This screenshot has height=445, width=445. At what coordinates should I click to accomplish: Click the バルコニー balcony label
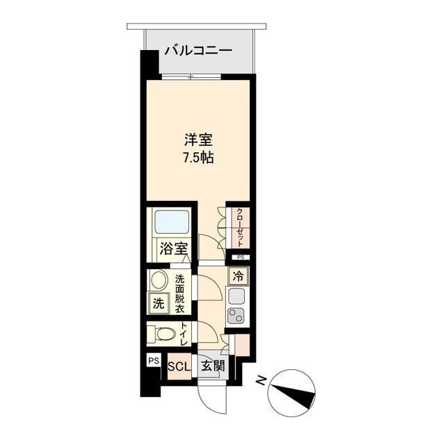197,51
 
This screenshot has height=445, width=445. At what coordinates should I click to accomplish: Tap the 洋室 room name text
197,139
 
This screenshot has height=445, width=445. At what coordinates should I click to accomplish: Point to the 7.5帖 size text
198,157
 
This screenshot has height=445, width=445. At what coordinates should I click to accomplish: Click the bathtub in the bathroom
171,223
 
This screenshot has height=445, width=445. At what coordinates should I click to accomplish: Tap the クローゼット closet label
239,227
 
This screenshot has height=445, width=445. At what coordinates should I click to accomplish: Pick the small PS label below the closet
240,257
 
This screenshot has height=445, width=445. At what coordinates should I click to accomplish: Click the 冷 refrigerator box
238,275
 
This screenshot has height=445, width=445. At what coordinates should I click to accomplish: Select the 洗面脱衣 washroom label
180,293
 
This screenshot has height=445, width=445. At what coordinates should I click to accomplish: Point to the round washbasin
159,282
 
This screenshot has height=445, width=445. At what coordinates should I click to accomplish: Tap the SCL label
179,365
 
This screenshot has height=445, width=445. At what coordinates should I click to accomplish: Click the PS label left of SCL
154,361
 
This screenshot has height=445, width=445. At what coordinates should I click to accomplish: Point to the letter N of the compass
260,380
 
